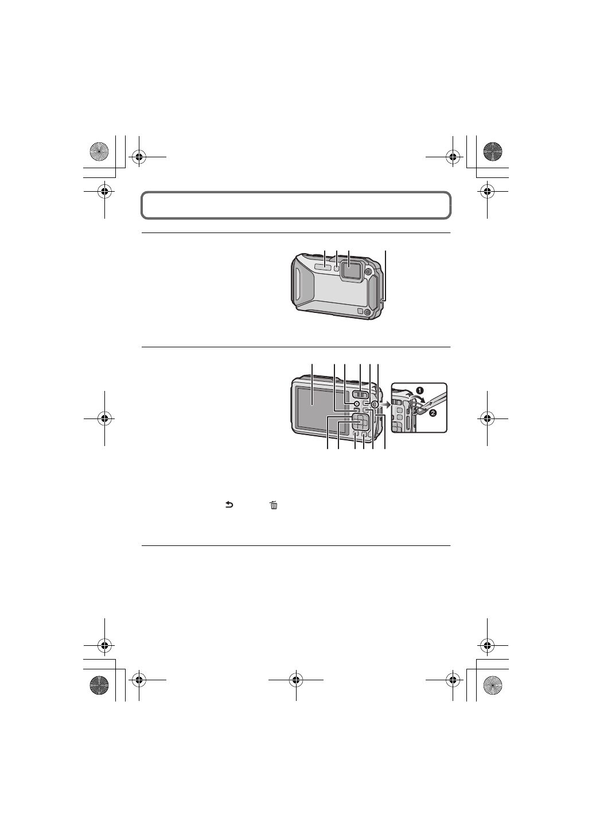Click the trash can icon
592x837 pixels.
[274, 505]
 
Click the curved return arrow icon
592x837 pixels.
[229, 505]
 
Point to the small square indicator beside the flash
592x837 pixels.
[337, 267]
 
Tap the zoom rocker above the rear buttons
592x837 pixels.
[359, 394]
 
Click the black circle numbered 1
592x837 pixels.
[420, 390]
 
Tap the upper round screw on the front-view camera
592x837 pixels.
[369, 272]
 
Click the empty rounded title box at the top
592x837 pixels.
[295, 205]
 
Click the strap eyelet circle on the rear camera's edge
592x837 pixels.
[374, 404]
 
